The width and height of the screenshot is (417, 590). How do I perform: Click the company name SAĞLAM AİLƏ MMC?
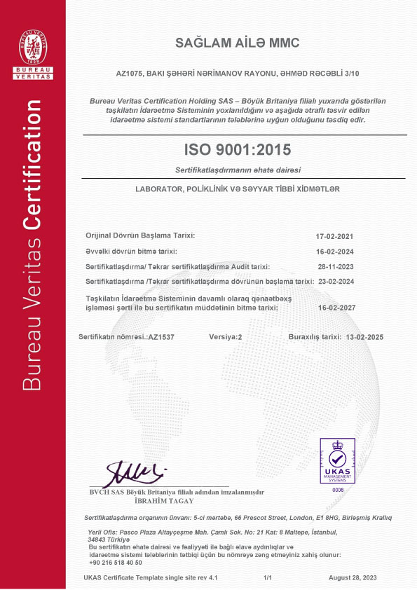coord(237,43)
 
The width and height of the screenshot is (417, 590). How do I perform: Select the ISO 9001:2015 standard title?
coord(237,149)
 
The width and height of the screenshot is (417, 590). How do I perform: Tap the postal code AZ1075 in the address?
coord(127,73)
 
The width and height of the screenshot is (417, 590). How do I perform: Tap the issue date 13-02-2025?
coord(368,337)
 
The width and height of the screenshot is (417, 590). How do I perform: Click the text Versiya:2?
coord(225,337)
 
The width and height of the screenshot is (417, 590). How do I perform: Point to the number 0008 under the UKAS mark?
coord(339,490)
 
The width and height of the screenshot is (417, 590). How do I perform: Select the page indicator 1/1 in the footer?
coord(267,577)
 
